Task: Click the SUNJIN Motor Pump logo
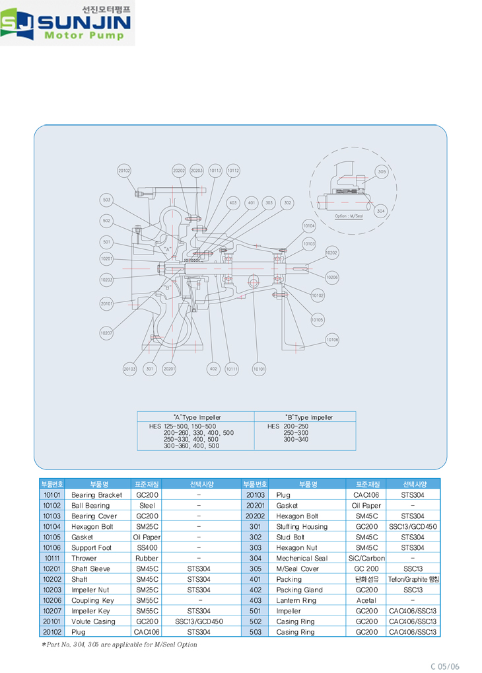click(x=67, y=23)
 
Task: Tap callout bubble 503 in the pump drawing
click(x=106, y=200)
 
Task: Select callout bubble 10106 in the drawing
click(x=332, y=340)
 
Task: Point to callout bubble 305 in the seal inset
click(x=381, y=172)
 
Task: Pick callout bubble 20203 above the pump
click(x=197, y=171)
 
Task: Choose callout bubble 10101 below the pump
click(x=259, y=368)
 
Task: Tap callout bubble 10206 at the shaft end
click(x=332, y=278)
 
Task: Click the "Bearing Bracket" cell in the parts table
click(x=96, y=495)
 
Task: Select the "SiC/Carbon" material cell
click(x=366, y=558)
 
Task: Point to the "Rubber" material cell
click(x=147, y=558)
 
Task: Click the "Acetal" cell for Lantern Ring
click(x=366, y=600)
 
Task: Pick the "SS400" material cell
click(x=147, y=547)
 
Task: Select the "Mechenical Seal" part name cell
click(x=302, y=558)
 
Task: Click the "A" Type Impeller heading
click(x=197, y=417)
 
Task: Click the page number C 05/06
click(x=445, y=666)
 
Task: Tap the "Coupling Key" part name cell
click(x=93, y=600)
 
